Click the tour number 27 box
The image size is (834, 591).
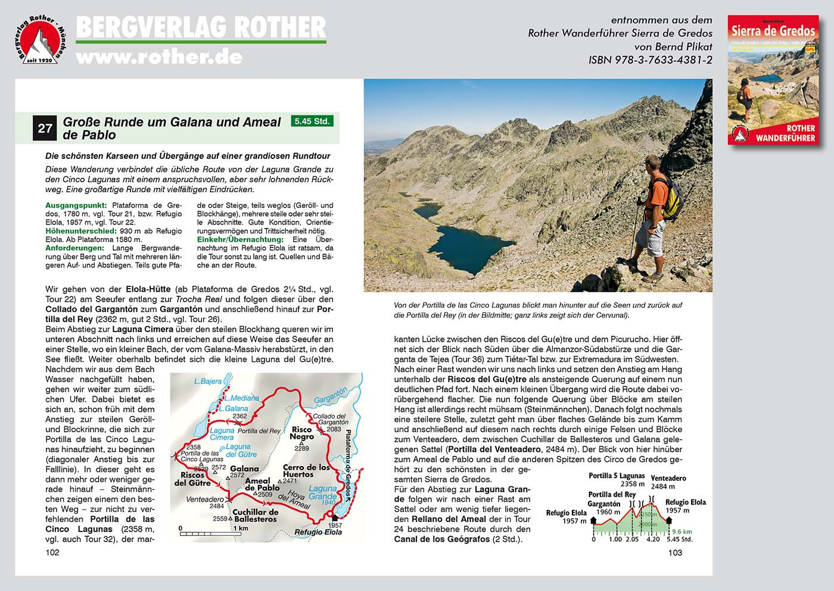coord(45,128)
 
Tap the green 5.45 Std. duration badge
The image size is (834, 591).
coord(312,121)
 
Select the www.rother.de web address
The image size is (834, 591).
coord(159,57)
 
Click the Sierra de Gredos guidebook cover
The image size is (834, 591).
coord(772,80)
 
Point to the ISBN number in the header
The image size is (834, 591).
coord(651,60)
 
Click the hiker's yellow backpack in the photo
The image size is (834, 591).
coord(671,196)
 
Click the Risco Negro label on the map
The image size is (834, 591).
coord(302,433)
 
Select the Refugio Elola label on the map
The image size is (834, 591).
coord(319,532)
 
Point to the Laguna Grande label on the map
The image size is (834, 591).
coord(322,492)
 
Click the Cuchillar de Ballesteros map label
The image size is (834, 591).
coord(255,515)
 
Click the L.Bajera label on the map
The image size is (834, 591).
coord(208,381)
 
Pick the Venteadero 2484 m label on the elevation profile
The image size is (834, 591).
coord(668,482)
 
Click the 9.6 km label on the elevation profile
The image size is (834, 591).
coord(681,531)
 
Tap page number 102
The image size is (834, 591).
coord(52,552)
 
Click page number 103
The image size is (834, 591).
coord(675,552)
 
